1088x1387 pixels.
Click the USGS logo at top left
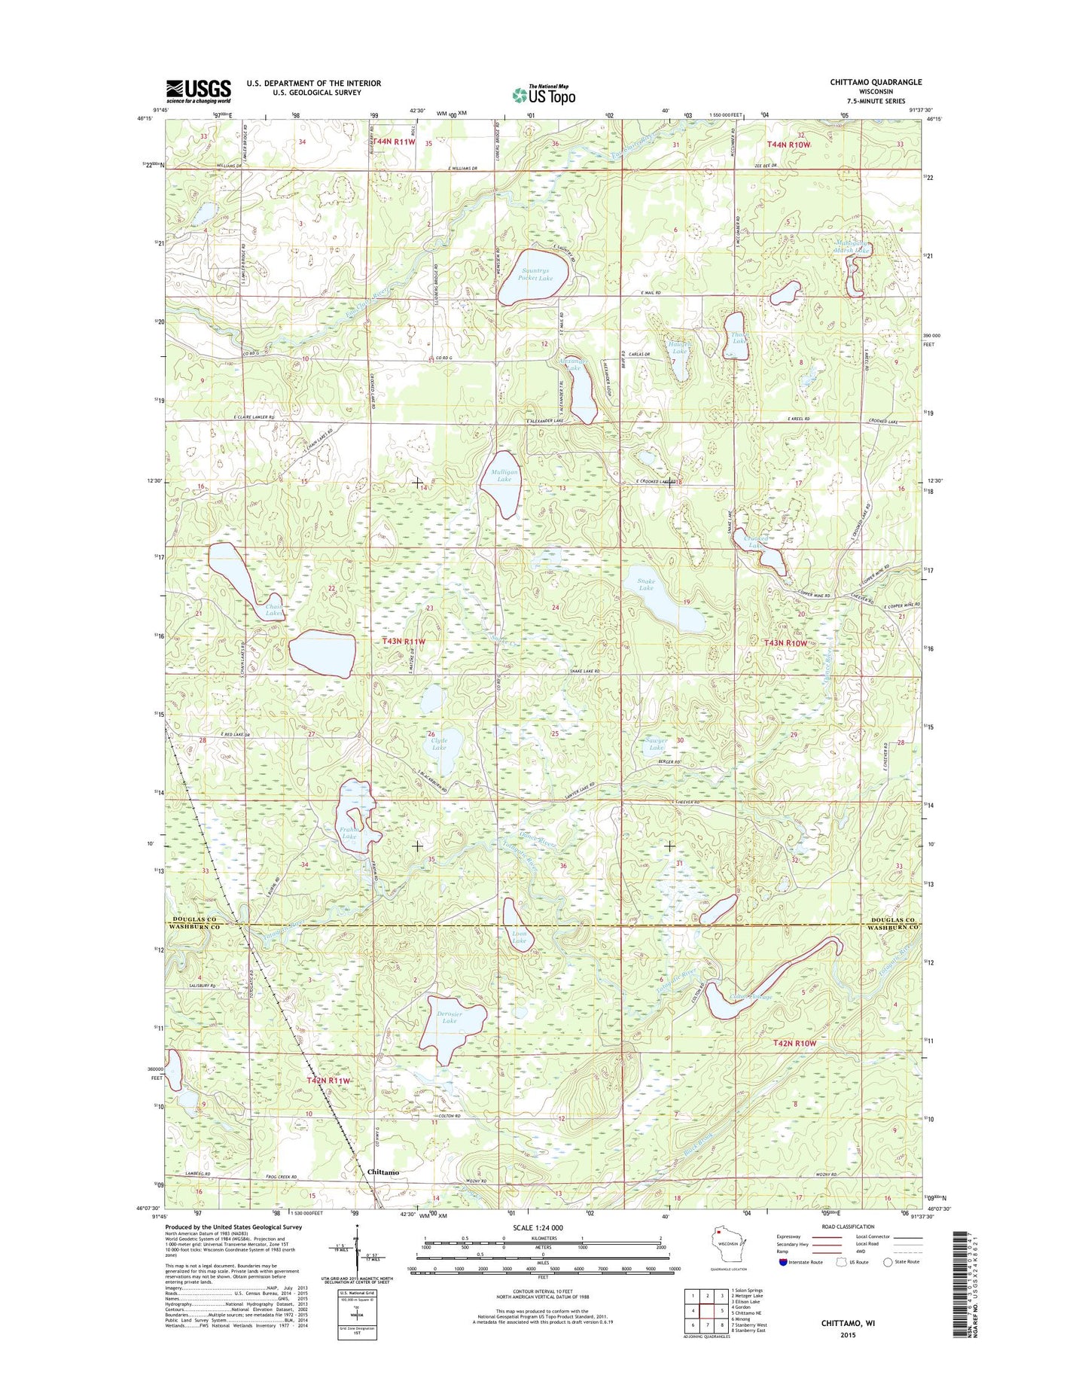(x=198, y=90)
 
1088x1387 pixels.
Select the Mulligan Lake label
(x=504, y=475)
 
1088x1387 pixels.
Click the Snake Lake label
(x=646, y=584)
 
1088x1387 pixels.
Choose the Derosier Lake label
(x=450, y=1017)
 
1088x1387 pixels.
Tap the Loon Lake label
(x=520, y=937)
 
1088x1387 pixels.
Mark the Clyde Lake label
(x=439, y=744)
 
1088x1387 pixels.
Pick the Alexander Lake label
(x=570, y=364)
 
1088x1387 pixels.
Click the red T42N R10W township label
(x=794, y=1043)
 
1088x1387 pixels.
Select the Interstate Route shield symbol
(x=783, y=1262)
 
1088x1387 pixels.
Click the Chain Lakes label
(x=275, y=610)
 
